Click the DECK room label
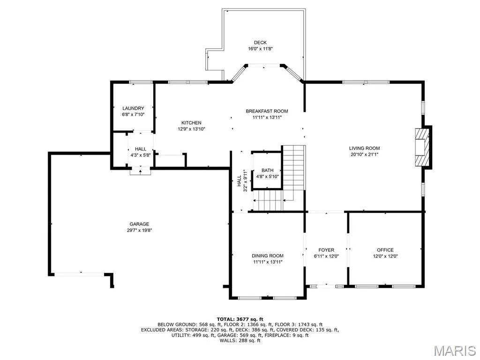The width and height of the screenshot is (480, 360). (260, 43)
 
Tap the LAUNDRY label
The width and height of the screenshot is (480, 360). (133, 108)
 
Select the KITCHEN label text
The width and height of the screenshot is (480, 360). (191, 123)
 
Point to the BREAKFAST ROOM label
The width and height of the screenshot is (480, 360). (267, 111)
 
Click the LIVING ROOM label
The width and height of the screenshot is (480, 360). (364, 148)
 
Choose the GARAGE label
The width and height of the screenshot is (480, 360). (139, 224)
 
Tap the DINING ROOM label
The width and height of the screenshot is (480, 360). (268, 255)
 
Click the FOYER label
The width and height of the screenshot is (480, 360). (326, 250)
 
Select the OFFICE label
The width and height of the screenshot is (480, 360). (385, 250)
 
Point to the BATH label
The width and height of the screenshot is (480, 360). (268, 171)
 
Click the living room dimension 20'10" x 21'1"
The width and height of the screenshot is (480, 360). (364, 154)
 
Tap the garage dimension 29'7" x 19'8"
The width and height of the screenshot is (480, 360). (139, 230)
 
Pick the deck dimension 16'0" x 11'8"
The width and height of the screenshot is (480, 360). (260, 49)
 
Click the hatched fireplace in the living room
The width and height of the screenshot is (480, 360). (422, 147)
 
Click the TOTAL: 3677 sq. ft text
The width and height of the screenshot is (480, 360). (240, 319)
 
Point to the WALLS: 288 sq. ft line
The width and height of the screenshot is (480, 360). (240, 340)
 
